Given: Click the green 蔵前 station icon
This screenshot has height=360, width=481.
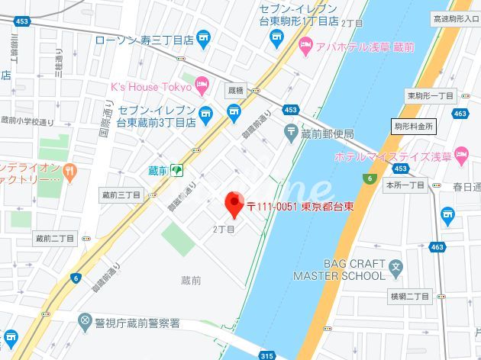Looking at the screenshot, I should (x=176, y=170).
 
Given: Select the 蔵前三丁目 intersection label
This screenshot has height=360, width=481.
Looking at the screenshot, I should (x=121, y=195).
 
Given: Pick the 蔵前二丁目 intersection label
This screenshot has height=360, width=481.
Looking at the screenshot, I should (x=55, y=238).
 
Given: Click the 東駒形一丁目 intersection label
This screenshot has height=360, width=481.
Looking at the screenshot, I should (x=431, y=95).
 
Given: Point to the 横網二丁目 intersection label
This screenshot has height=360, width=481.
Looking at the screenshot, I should (x=409, y=295).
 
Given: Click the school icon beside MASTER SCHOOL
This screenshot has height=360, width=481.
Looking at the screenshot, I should (x=395, y=268).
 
